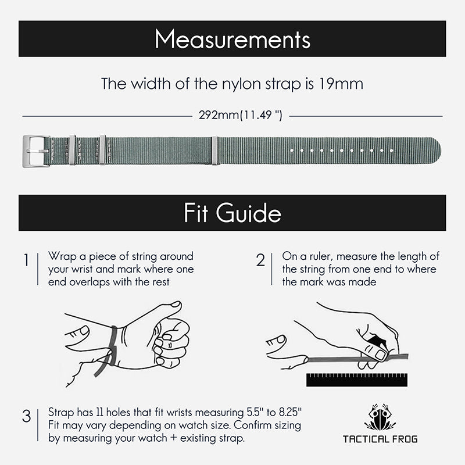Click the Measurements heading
click(x=233, y=40)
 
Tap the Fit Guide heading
click(x=233, y=213)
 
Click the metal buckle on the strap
click(x=36, y=151)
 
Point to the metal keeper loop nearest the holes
click(x=214, y=151)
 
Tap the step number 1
click(x=26, y=260)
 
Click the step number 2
click(x=260, y=260)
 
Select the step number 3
click(x=26, y=416)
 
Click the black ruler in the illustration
click(x=356, y=380)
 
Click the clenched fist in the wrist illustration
click(x=171, y=340)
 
